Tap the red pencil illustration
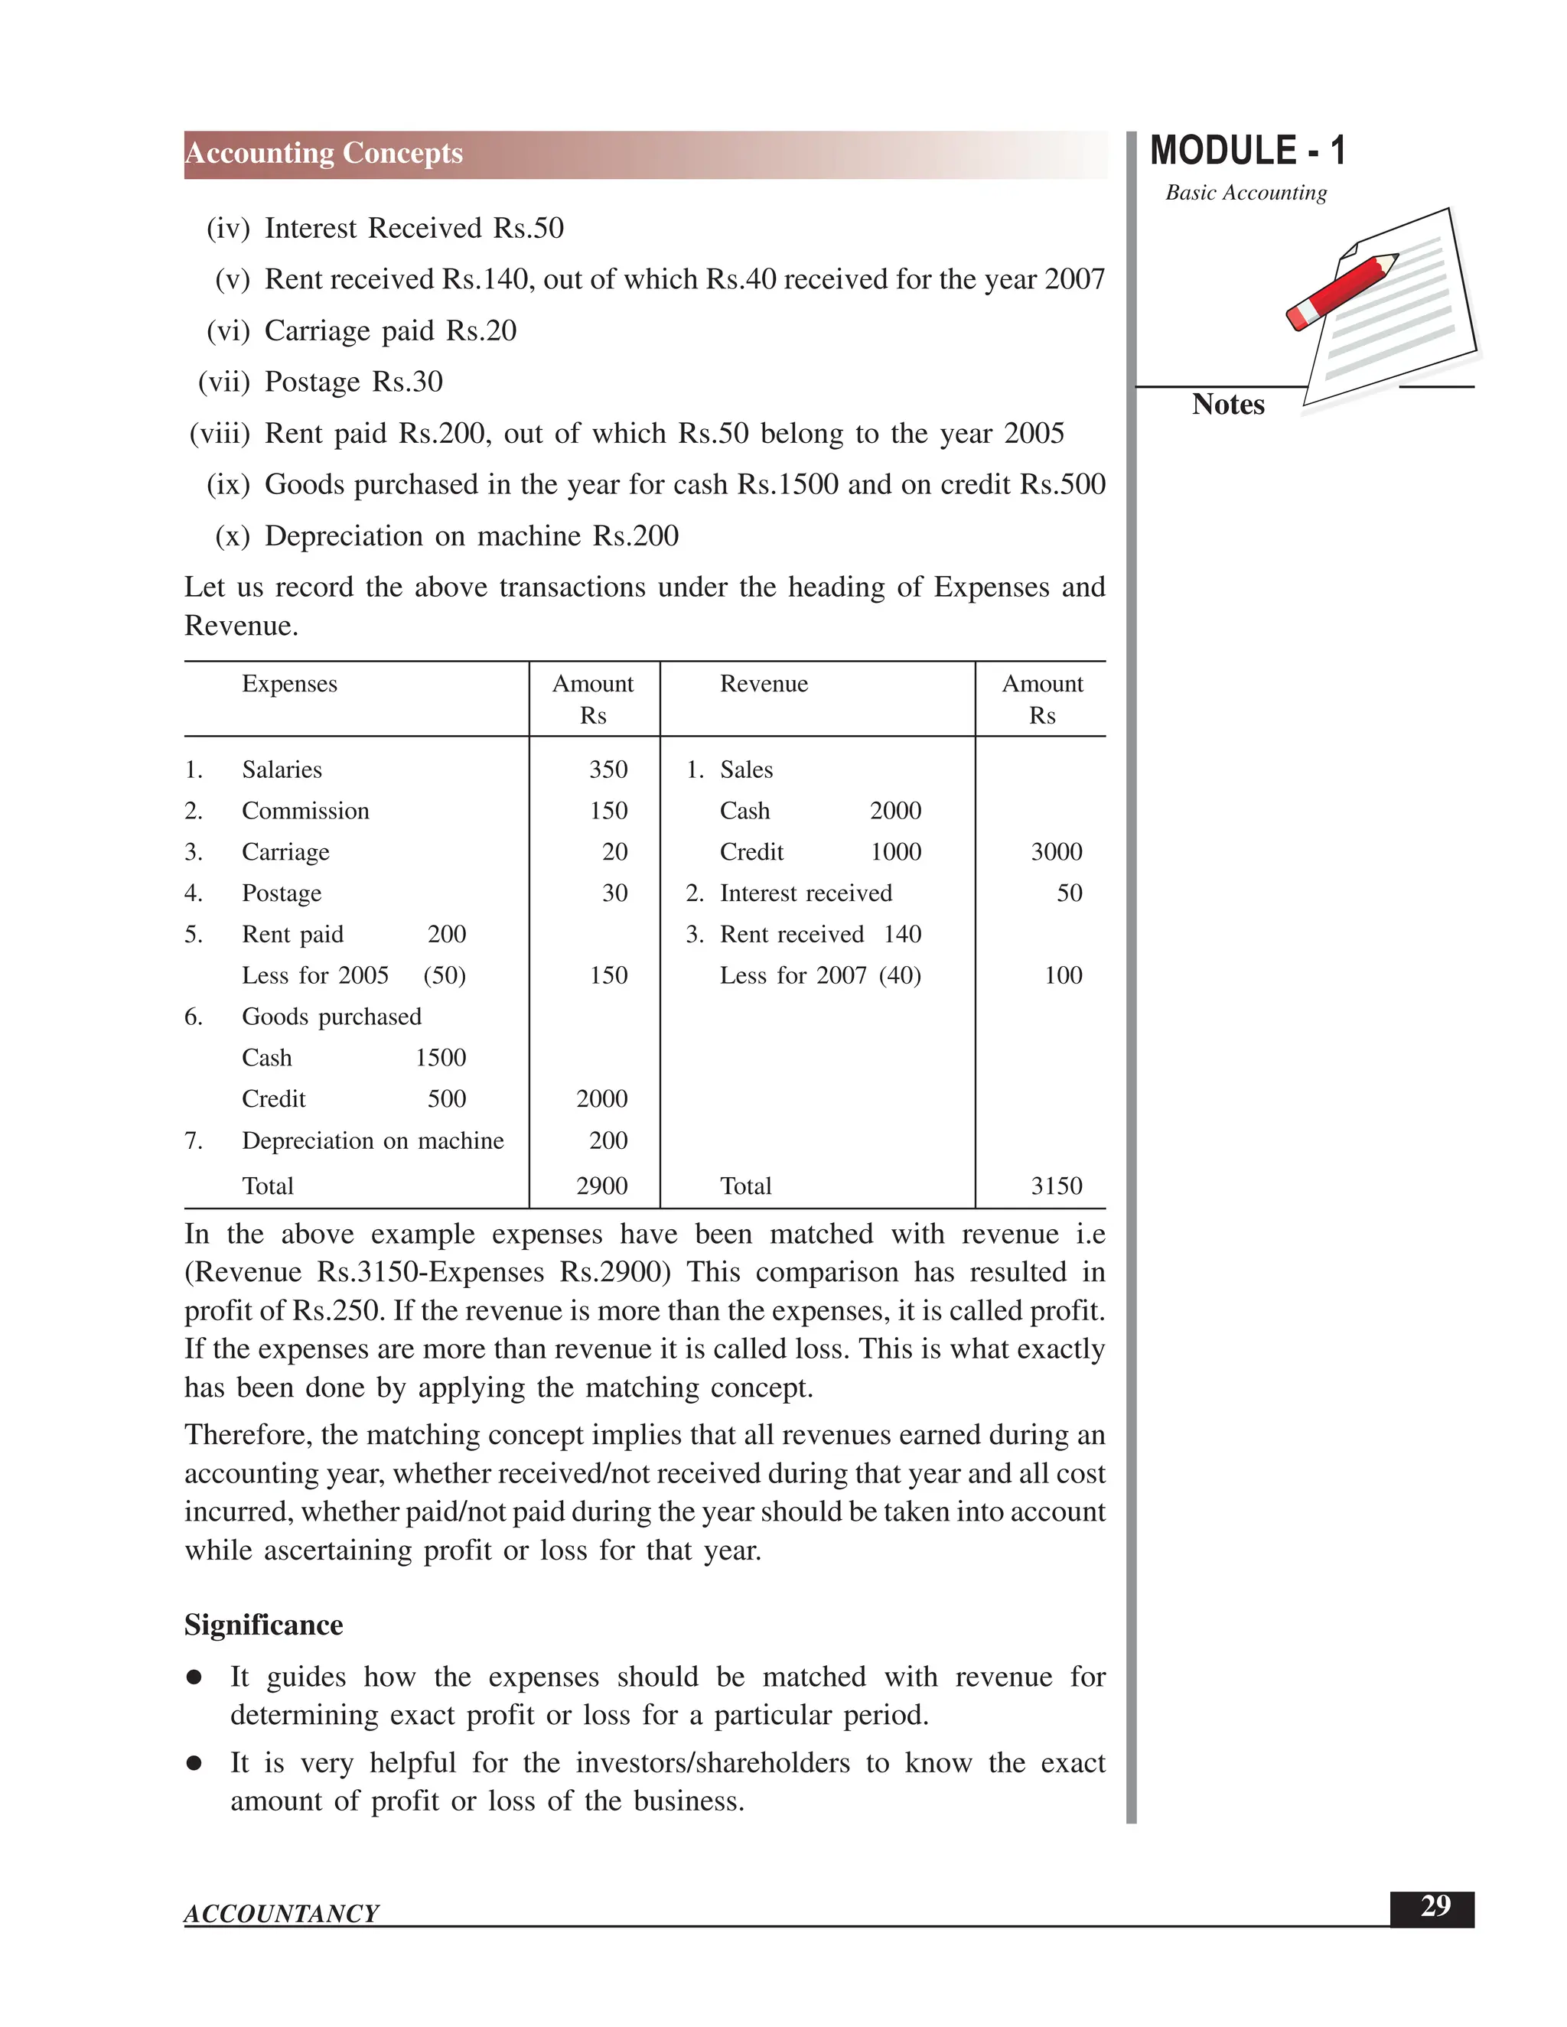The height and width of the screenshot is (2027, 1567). click(1341, 291)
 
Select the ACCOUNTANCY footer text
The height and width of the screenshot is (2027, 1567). click(282, 1914)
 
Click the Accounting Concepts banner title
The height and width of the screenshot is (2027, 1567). click(324, 153)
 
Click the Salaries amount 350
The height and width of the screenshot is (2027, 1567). click(608, 769)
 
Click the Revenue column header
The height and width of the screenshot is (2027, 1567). click(763, 684)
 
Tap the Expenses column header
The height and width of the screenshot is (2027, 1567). click(290, 684)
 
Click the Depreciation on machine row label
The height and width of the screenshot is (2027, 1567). click(373, 1140)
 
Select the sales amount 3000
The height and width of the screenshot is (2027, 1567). click(1057, 852)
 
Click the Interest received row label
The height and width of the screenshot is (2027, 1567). click(805, 893)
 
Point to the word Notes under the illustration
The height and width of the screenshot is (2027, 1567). click(1227, 405)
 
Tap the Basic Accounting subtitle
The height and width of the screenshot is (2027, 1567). click(1246, 193)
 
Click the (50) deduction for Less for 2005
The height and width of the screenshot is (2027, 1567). click(445, 975)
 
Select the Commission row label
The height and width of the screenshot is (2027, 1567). click(305, 810)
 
